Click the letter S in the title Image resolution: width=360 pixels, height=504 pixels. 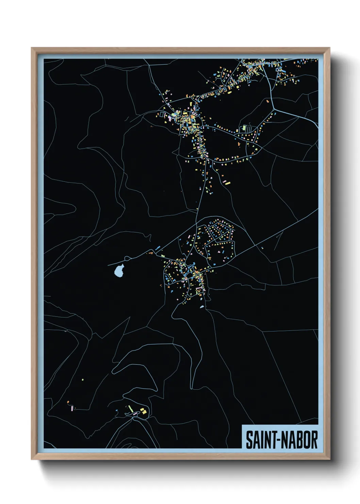pyautogui.click(x=249, y=440)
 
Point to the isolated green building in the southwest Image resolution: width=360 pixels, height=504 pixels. pyautogui.click(x=83, y=380)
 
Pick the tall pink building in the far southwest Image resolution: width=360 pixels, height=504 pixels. pyautogui.click(x=72, y=408)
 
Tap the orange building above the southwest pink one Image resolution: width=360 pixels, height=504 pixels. pyautogui.click(x=68, y=402)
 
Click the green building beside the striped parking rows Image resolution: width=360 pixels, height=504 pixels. pyautogui.click(x=244, y=128)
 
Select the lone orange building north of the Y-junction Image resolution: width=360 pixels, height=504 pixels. pyautogui.click(x=268, y=101)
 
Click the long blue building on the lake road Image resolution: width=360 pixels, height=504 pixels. pyautogui.click(x=158, y=248)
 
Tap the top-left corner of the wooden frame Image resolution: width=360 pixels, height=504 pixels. pyautogui.click(x=32, y=48)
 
